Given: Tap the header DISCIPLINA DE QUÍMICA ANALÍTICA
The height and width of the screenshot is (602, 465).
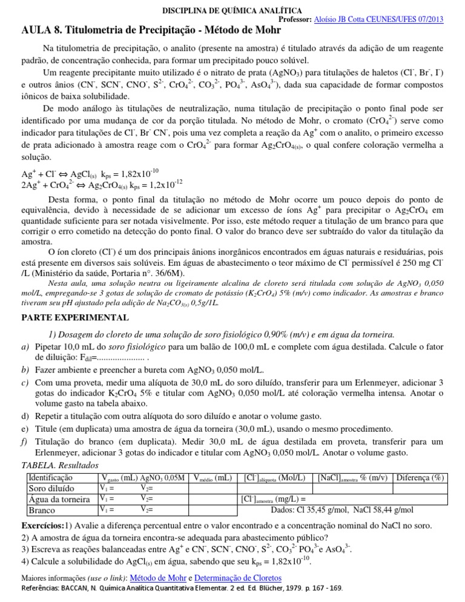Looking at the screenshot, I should pyautogui.click(x=232, y=10).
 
